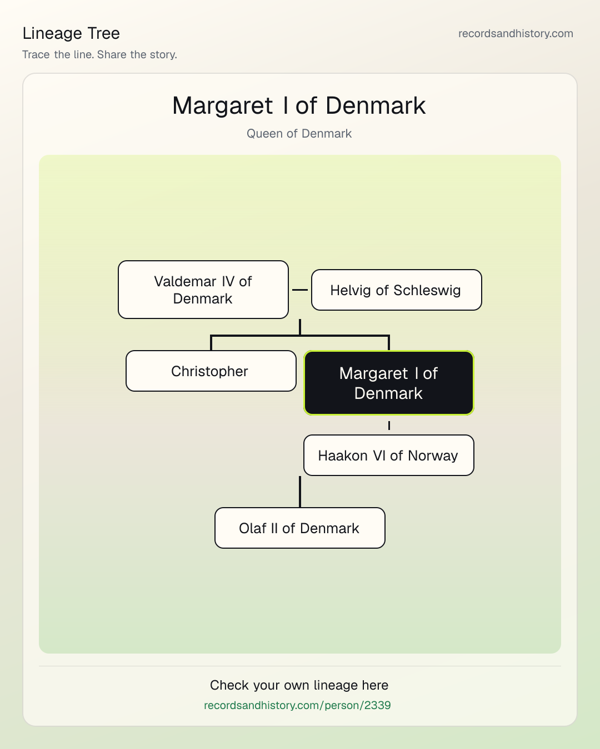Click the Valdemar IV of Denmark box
203,290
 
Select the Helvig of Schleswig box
397,290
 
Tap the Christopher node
211,371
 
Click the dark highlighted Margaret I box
389,383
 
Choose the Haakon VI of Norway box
389,456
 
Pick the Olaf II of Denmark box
300,528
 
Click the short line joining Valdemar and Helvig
300,290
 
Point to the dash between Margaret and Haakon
389,426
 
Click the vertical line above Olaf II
300,492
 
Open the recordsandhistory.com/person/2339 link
297,705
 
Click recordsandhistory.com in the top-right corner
516,33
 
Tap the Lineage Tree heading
71,33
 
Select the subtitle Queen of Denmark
299,134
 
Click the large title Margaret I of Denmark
299,105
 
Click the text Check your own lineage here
299,685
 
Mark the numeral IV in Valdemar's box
228,282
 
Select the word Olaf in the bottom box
252,528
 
